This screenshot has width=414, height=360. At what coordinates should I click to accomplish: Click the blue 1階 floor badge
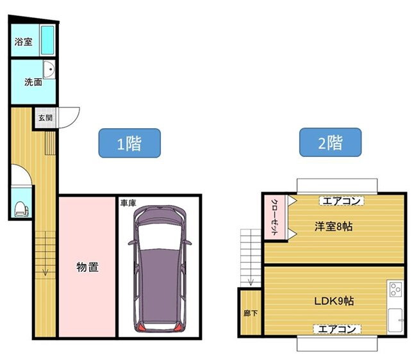click(128, 143)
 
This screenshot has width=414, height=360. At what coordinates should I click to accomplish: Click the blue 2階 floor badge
click(330, 142)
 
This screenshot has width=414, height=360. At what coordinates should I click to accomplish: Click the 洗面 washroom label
click(33, 82)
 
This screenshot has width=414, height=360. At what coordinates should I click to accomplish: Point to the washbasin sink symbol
click(49, 71)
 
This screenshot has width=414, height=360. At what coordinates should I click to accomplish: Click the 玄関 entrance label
click(45, 119)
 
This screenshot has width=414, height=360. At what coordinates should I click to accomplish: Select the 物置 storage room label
click(87, 266)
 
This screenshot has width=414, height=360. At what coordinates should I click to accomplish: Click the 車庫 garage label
click(127, 203)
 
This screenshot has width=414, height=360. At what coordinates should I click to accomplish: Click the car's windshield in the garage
click(159, 236)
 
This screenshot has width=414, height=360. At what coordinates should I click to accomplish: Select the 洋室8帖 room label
click(333, 226)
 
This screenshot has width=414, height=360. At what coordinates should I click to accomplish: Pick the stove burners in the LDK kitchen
click(395, 289)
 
